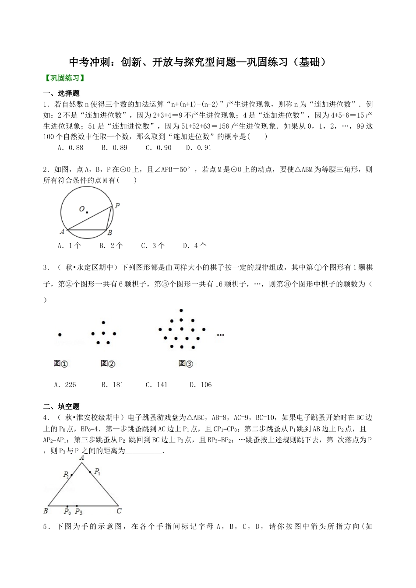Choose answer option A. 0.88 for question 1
[x=70, y=148]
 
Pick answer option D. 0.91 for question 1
[x=198, y=148]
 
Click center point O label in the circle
[x=82, y=209]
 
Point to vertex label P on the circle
[x=117, y=205]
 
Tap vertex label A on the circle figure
[x=62, y=232]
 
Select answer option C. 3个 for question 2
[x=152, y=246]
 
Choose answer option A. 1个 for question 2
[x=69, y=246]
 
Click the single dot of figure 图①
[x=60, y=335]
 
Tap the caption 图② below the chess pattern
[x=108, y=363]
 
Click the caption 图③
[x=186, y=363]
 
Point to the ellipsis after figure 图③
[x=220, y=335]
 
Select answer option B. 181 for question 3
[x=112, y=385]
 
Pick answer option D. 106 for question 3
[x=200, y=385]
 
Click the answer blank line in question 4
[x=143, y=452]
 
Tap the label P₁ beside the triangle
[x=97, y=472]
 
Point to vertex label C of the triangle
[x=119, y=511]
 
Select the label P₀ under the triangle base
[x=67, y=511]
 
